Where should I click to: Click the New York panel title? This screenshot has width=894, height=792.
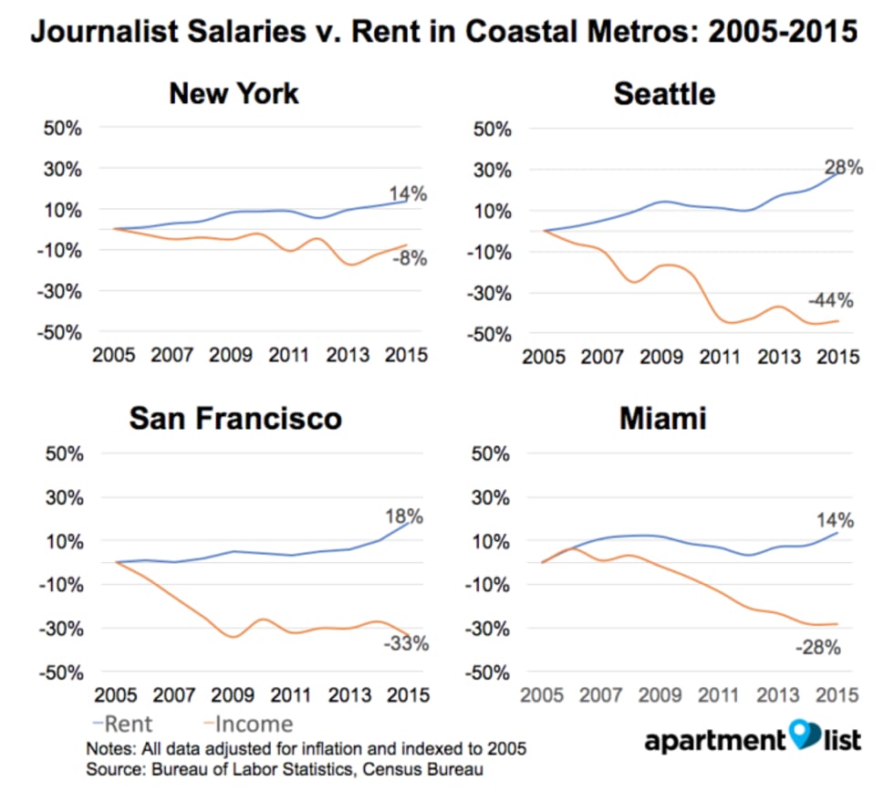[x=234, y=93]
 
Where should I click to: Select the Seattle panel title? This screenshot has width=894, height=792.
[x=664, y=93]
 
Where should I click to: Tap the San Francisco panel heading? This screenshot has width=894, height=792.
[x=235, y=418]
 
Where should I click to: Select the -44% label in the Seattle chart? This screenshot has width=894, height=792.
[x=829, y=300]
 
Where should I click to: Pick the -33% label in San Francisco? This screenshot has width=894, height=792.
[x=406, y=644]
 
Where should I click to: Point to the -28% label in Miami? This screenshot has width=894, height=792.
[x=817, y=649]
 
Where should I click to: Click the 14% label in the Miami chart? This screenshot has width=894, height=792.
[x=835, y=521]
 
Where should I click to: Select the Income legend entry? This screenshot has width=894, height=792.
[x=245, y=724]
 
